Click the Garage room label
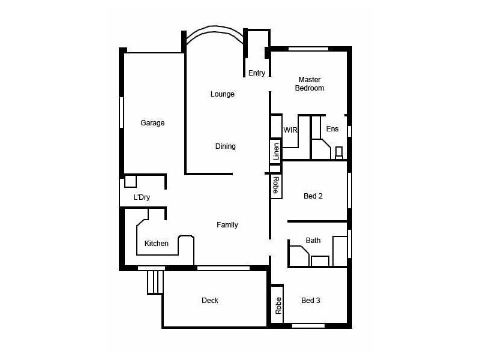(152, 123)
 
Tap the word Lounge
(222, 94)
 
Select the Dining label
(225, 146)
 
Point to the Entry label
(256, 73)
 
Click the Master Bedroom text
(310, 84)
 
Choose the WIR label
(290, 130)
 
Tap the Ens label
(332, 129)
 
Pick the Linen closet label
(276, 152)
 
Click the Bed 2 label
(313, 196)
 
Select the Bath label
(313, 241)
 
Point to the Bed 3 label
(310, 301)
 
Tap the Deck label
(210, 301)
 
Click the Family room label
(227, 225)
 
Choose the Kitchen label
(157, 244)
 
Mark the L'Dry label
(142, 197)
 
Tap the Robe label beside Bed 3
(278, 306)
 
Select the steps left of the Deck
(155, 282)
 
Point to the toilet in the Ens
(339, 152)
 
